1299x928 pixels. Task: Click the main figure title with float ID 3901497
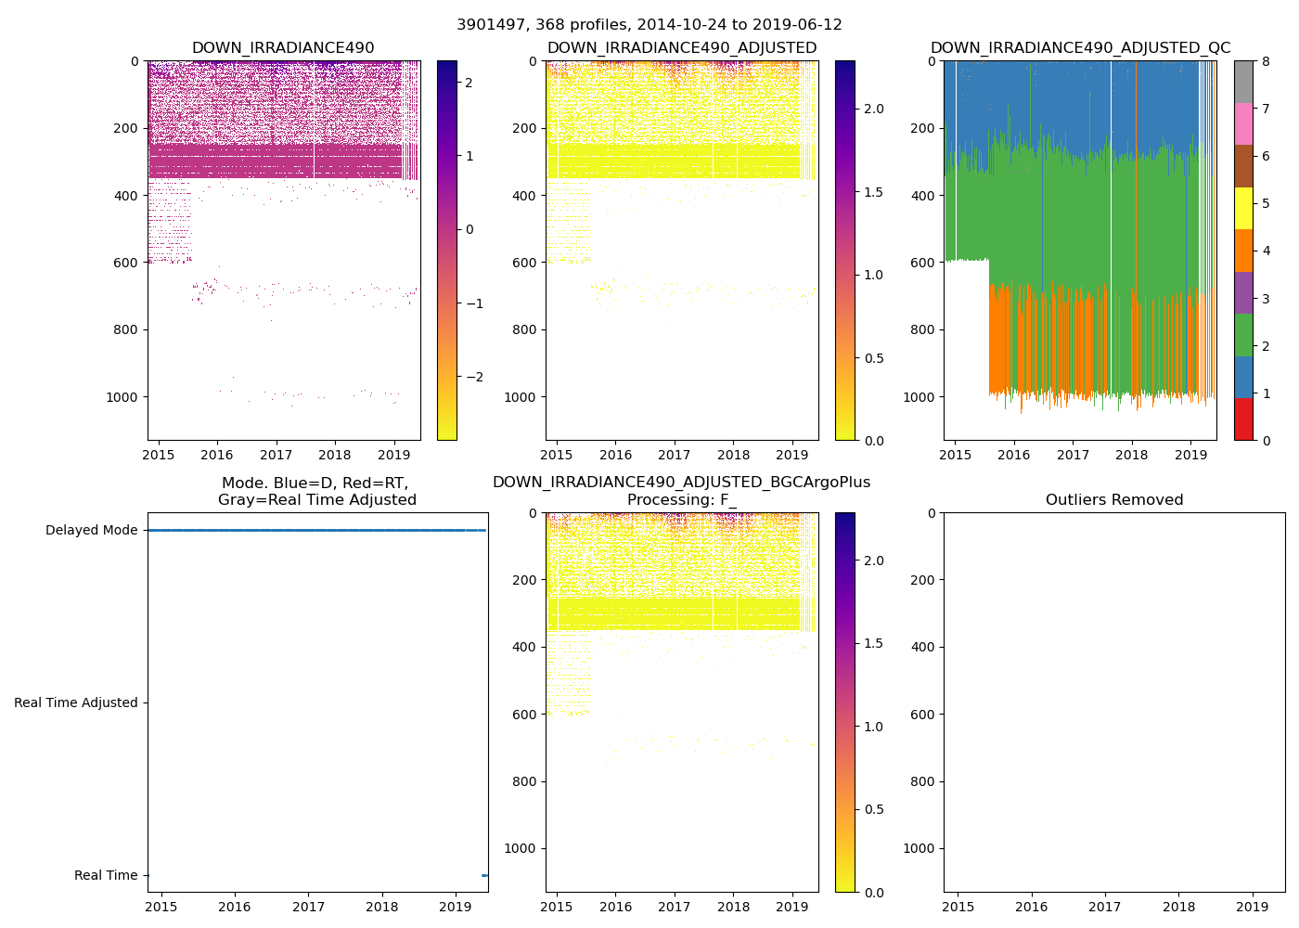(x=649, y=25)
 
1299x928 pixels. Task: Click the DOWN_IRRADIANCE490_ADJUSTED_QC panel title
(x=1080, y=48)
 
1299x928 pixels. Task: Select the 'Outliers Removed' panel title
(x=1114, y=500)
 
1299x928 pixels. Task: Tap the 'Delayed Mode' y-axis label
(x=91, y=531)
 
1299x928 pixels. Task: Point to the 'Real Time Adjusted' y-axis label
(x=76, y=703)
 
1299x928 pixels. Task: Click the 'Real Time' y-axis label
(x=106, y=876)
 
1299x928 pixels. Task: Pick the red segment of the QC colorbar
(x=1243, y=419)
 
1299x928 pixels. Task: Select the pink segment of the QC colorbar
(x=1243, y=123)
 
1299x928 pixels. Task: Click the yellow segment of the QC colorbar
(x=1243, y=208)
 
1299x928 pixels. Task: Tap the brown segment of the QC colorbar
(x=1243, y=166)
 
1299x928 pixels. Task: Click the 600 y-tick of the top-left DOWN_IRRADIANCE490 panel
(x=127, y=263)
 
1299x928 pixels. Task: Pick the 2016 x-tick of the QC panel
(x=1014, y=455)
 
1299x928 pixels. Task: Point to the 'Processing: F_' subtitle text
(x=681, y=500)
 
